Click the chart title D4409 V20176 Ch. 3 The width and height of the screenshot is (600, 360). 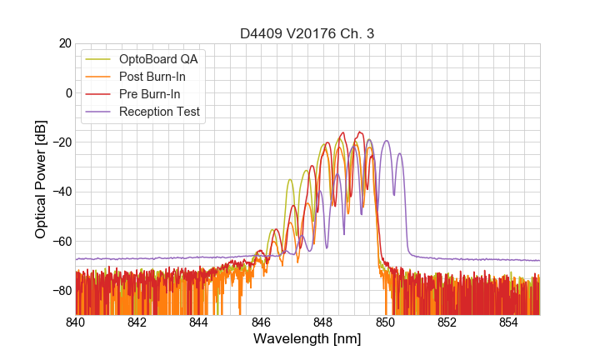pyautogui.click(x=307, y=33)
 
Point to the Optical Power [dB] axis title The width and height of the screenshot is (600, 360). pyautogui.click(x=41, y=178)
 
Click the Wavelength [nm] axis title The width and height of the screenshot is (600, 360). pyautogui.click(x=307, y=339)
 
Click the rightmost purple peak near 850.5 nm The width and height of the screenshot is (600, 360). pyautogui.click(x=400, y=154)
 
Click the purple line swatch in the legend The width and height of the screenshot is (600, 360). pyautogui.click(x=98, y=112)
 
